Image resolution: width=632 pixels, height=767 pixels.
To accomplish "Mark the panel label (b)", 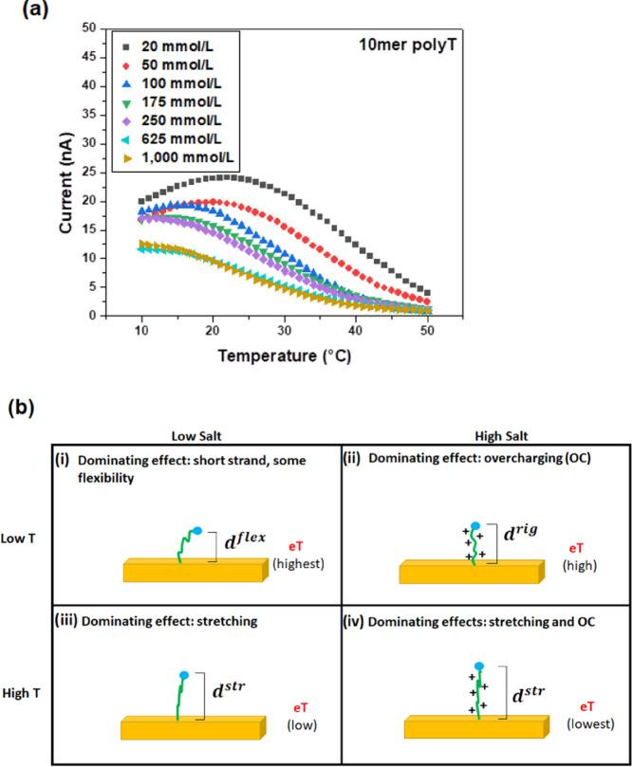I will pyautogui.click(x=24, y=407).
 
